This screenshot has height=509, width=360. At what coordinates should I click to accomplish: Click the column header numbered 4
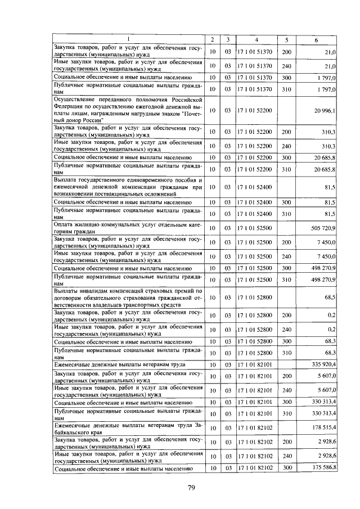click(255, 39)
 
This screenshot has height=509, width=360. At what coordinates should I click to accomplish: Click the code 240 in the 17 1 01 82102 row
click(286, 456)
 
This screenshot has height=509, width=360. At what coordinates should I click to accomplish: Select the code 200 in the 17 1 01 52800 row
click(286, 316)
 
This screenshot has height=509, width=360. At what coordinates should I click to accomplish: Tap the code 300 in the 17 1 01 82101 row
click(286, 402)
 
